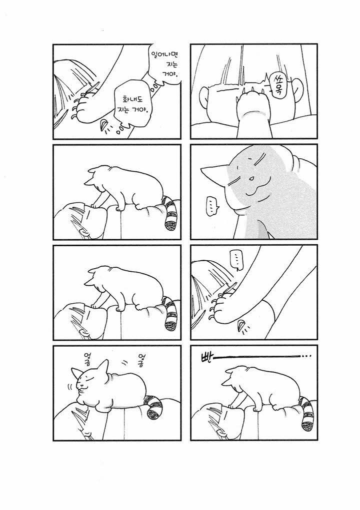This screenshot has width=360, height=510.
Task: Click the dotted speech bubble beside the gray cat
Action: [x=211, y=207]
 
